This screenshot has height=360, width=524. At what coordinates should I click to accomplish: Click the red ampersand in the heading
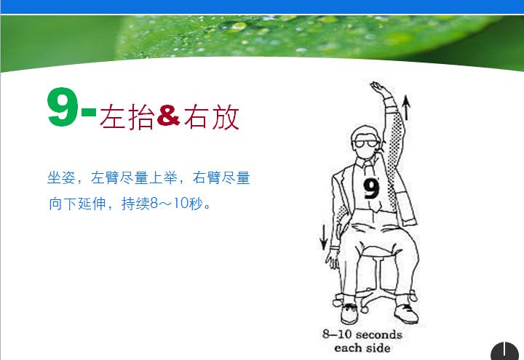[x=168, y=116]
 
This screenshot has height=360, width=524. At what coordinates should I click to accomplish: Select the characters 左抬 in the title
[x=127, y=117]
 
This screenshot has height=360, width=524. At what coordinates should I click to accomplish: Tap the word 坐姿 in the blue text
[x=60, y=177]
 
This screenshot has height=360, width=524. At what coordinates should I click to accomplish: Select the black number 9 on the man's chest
[x=371, y=188]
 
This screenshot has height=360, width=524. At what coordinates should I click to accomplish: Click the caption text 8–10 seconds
[x=362, y=335]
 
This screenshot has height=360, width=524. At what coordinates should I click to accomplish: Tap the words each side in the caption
[x=362, y=348]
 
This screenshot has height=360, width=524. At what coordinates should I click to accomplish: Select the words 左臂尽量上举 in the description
[x=134, y=177]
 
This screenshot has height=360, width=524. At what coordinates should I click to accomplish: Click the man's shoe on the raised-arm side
[x=404, y=313]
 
